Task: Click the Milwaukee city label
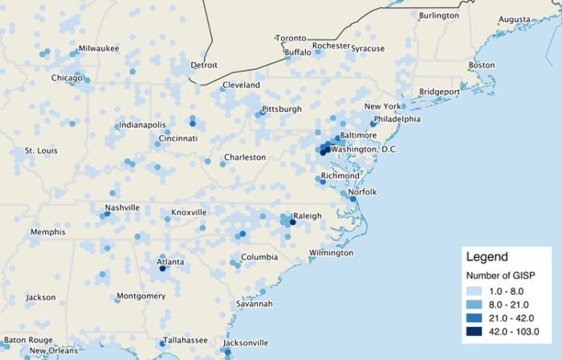(x=98, y=48)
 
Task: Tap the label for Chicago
(x=67, y=78)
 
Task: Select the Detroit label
(x=204, y=65)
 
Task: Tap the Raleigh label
(x=307, y=215)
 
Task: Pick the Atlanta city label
(x=170, y=262)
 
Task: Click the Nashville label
(x=122, y=207)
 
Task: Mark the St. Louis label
(x=40, y=150)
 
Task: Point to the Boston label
(x=482, y=65)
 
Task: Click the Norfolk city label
(x=362, y=191)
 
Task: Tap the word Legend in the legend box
(x=487, y=257)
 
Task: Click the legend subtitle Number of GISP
(x=501, y=276)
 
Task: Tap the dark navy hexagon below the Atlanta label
(x=163, y=269)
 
